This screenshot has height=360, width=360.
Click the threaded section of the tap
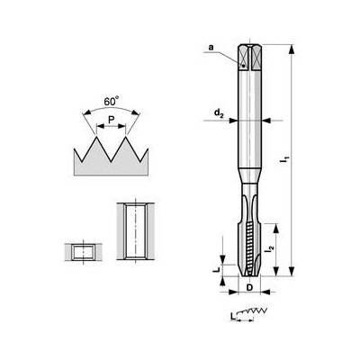249,243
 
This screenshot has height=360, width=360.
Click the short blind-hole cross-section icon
83,250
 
